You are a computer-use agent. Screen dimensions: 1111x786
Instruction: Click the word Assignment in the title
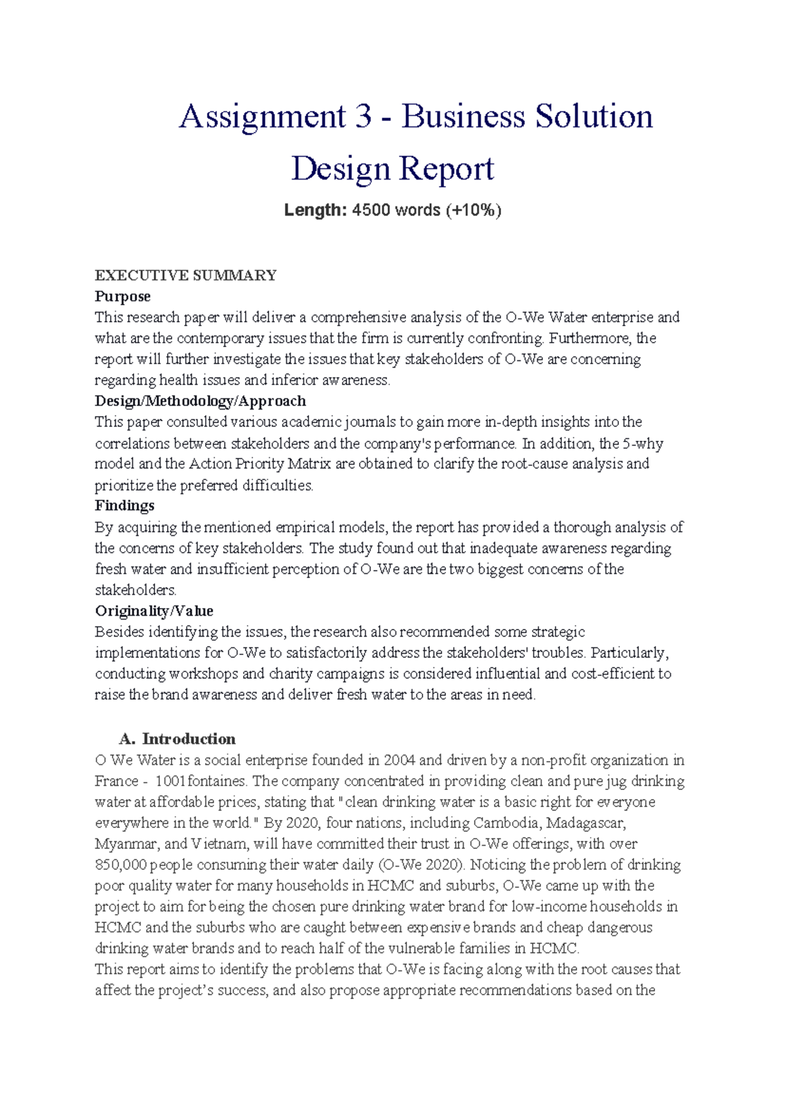[x=262, y=117]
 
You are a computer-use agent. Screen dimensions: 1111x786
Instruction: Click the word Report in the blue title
[x=446, y=169]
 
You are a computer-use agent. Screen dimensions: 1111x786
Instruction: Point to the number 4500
[x=371, y=210]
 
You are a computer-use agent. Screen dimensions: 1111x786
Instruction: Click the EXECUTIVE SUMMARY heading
[x=185, y=275]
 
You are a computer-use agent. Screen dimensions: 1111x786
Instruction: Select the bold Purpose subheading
[x=122, y=296]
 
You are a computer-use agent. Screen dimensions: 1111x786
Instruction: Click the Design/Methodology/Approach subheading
[x=200, y=401]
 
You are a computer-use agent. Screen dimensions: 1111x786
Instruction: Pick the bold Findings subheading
[x=124, y=506]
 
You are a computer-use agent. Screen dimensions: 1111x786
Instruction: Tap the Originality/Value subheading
[x=154, y=611]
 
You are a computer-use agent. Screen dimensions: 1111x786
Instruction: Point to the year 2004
[x=400, y=760]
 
